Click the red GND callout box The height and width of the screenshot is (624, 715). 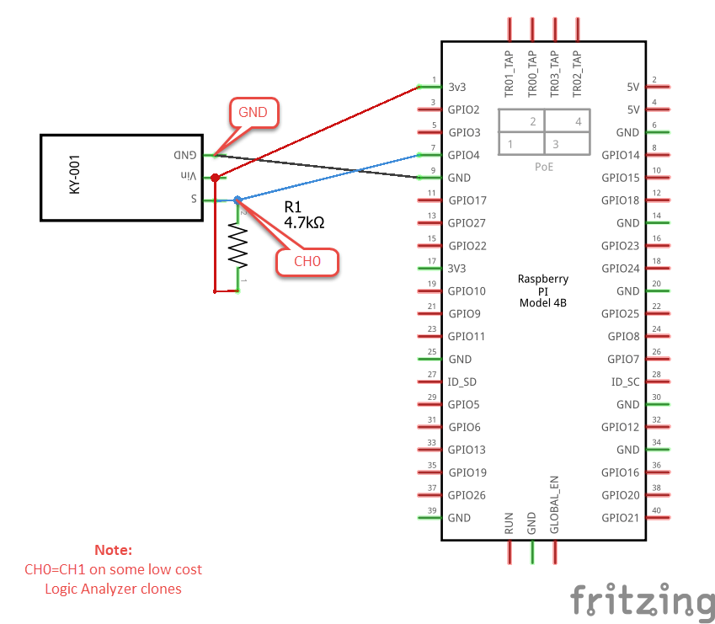coord(253,112)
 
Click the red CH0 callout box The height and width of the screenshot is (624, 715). coord(307,261)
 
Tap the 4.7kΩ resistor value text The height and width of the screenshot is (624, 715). coord(305,223)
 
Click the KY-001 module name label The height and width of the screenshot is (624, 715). coord(75,178)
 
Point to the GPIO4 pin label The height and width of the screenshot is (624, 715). coord(464,155)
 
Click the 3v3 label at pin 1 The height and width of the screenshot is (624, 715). coord(457,87)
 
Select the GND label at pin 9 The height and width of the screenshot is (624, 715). coord(460,178)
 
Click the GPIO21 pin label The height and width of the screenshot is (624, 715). coord(621,518)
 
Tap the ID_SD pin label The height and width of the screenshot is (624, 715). coord(462,381)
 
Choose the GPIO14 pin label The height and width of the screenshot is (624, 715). coord(621,155)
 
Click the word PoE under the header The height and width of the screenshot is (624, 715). coord(544,167)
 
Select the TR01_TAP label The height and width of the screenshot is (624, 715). coord(509,75)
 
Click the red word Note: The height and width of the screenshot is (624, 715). coord(113,550)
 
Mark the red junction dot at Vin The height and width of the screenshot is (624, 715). coord(216,178)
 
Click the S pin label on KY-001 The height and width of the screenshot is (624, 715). coord(193,200)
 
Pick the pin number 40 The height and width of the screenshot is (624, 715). coord(655,510)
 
